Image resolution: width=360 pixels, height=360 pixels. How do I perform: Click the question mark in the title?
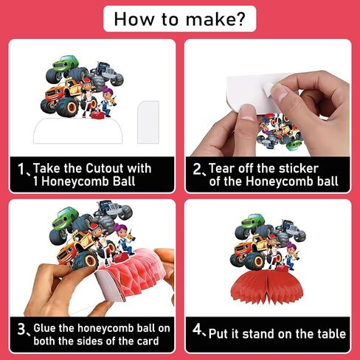[x=240, y=18]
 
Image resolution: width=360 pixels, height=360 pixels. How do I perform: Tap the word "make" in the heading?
[x=209, y=19]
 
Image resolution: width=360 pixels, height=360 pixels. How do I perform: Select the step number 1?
[x=21, y=169]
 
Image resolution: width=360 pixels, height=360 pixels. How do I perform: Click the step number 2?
[x=197, y=169]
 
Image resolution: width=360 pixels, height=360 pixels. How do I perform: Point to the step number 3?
[x=21, y=329]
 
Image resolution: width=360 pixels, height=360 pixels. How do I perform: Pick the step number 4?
[x=197, y=329]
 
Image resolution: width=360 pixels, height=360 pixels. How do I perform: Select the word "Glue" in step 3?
[x=44, y=328]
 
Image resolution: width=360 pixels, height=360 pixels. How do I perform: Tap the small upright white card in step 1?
[x=148, y=122]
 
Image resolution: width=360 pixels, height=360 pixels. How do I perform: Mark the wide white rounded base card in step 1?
[x=78, y=131]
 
